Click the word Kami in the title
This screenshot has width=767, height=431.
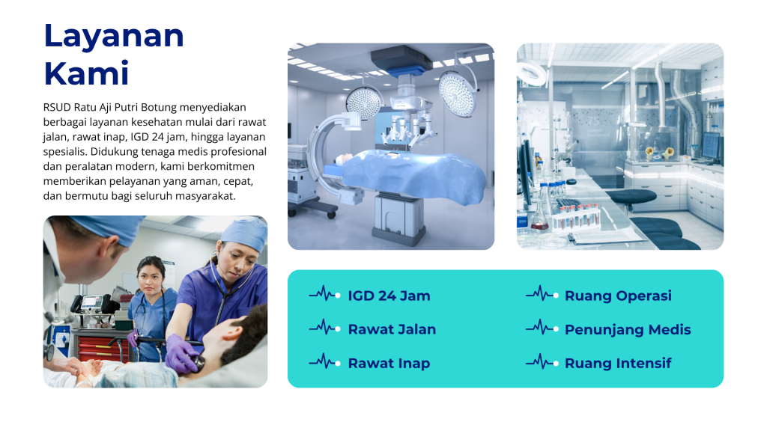86,74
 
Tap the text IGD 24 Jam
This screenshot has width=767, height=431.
389,296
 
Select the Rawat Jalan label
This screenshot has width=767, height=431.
392,329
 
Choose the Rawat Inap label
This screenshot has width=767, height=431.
389,364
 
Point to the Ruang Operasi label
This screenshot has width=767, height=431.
618,296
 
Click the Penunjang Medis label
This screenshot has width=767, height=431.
628,330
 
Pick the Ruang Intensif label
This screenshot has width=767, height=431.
618,363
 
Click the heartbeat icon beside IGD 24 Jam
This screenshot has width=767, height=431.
325,294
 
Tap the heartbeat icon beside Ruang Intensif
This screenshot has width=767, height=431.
542,362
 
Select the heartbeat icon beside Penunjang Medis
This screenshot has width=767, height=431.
542,328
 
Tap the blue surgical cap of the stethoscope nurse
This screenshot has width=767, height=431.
245,233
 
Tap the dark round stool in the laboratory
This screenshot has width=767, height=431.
631,197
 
